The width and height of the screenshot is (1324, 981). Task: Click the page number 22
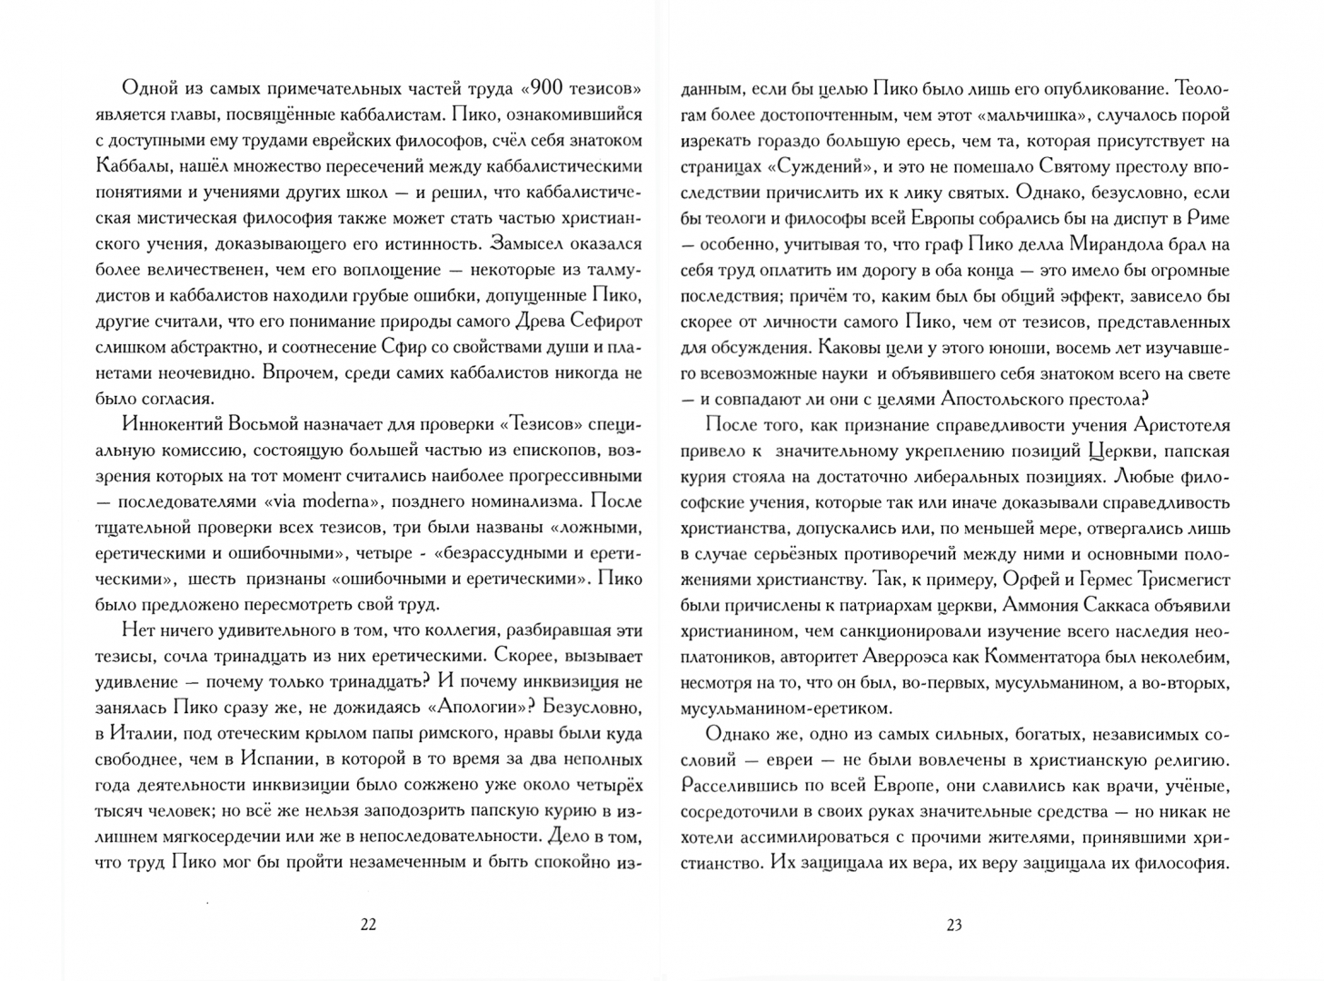(x=368, y=925)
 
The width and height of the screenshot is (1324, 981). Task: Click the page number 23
(x=953, y=925)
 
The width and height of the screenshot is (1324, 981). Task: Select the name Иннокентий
(x=167, y=424)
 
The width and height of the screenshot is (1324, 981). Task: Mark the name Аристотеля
(x=1181, y=424)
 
